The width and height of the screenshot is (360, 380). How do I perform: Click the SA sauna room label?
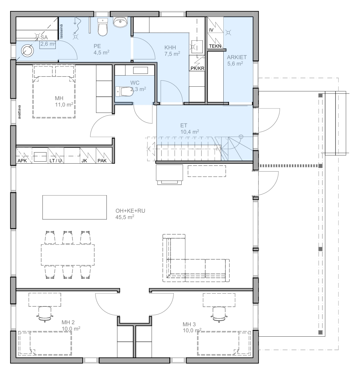point(44,37)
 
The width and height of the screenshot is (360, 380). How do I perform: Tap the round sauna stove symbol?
point(27,51)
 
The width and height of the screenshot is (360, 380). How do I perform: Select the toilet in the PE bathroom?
point(102,27)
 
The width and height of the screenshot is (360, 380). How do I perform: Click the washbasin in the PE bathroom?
point(120,22)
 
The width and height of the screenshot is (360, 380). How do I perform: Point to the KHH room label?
point(170,47)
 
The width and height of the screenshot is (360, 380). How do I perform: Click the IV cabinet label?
point(211,30)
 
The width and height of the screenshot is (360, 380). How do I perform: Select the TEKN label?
point(215,46)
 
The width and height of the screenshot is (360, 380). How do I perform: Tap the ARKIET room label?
point(237,57)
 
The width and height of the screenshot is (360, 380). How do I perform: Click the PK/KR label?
point(197,68)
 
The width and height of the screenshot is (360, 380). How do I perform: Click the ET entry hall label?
point(184,125)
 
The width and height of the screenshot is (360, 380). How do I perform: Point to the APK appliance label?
point(22,161)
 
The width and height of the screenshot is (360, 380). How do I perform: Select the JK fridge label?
point(84,161)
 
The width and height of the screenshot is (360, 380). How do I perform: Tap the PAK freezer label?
point(102,161)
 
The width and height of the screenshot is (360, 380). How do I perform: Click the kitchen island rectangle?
point(75,207)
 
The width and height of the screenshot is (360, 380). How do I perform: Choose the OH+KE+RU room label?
point(130,211)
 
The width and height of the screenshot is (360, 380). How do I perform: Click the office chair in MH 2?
point(45,314)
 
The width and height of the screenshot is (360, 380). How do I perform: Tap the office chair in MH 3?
point(219,314)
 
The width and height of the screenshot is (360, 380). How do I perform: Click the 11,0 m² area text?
point(64,104)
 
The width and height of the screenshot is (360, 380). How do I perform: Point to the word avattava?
point(19,112)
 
